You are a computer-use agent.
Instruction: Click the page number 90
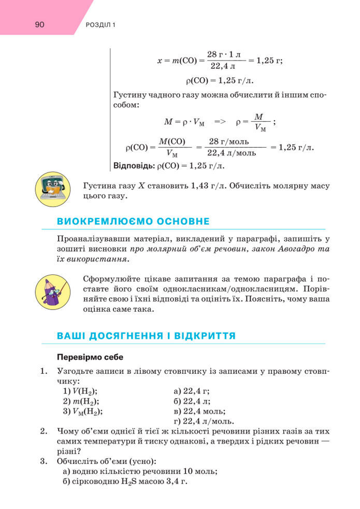click(x=39, y=25)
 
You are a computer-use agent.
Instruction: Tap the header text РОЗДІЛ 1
click(x=99, y=25)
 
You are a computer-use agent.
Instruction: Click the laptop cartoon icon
click(x=52, y=190)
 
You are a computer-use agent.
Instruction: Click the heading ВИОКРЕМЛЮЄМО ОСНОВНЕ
click(x=133, y=222)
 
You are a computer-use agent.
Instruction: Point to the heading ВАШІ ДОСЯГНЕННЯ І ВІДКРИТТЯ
click(x=146, y=336)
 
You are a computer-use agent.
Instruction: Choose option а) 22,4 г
click(x=191, y=391)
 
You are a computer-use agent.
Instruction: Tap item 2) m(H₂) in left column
click(x=81, y=401)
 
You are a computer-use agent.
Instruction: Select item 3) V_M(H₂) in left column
click(x=82, y=411)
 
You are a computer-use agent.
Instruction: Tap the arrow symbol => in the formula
click(x=220, y=122)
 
